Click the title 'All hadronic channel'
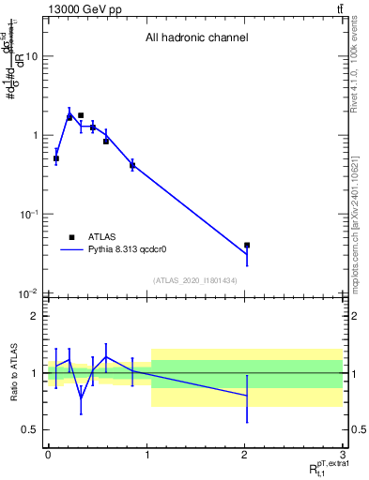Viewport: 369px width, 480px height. [195, 38]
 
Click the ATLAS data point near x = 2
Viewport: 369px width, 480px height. [247, 245]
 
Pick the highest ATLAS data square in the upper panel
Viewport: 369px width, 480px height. [81, 115]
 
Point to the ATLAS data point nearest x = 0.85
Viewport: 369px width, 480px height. [132, 165]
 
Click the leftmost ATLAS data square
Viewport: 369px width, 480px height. [56, 158]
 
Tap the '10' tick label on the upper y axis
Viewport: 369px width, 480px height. [31, 56]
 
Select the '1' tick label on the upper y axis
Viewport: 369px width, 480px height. [34, 135]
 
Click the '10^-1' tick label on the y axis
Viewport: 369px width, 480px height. [29, 214]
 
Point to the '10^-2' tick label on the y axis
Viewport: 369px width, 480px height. [29, 293]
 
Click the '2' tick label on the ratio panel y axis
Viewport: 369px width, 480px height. [34, 316]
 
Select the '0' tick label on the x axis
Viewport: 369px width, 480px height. [47, 454]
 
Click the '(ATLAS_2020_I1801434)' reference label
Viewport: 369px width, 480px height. [195, 280]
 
